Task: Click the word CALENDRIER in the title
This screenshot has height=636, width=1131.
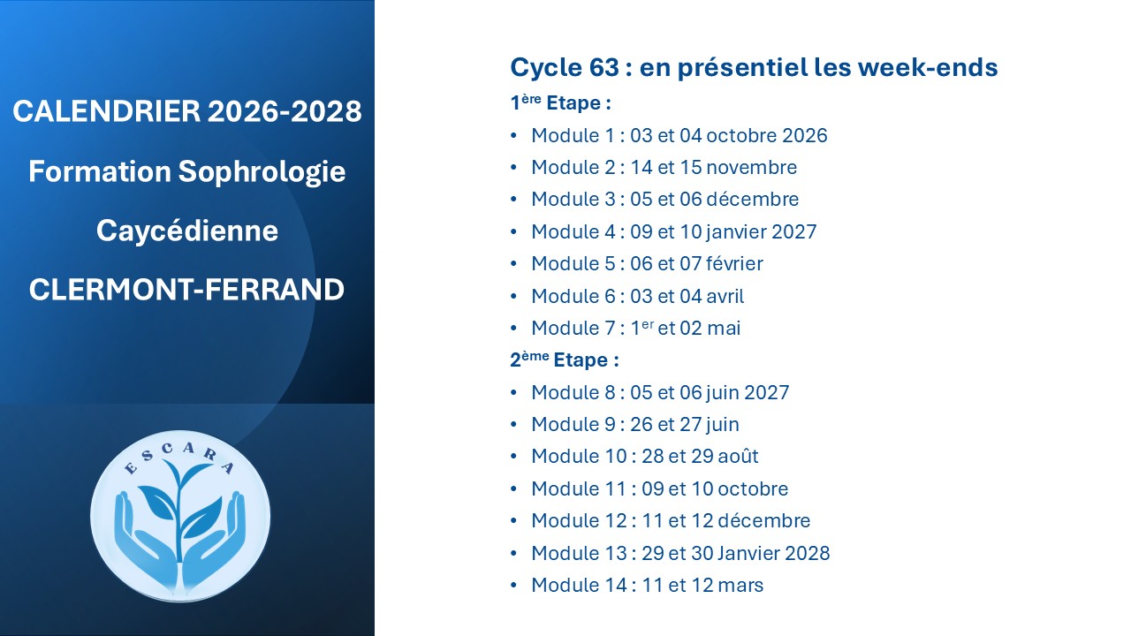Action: [x=107, y=111]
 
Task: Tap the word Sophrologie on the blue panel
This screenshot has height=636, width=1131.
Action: [x=262, y=172]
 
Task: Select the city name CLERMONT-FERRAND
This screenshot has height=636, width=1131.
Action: [x=186, y=290]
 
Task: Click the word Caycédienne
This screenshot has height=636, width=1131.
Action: [x=187, y=231]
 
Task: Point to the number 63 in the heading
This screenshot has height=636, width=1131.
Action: [x=603, y=67]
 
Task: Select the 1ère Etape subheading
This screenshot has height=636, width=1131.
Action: [x=560, y=102]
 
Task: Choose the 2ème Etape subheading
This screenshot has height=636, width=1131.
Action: [x=565, y=360]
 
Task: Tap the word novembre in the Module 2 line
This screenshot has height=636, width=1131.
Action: [x=751, y=167]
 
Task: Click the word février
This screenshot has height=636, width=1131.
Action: [x=734, y=263]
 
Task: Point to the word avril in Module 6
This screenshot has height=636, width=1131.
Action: [x=725, y=296]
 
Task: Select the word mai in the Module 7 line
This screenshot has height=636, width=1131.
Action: [x=724, y=328]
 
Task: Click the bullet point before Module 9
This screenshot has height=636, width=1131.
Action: [x=514, y=424]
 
